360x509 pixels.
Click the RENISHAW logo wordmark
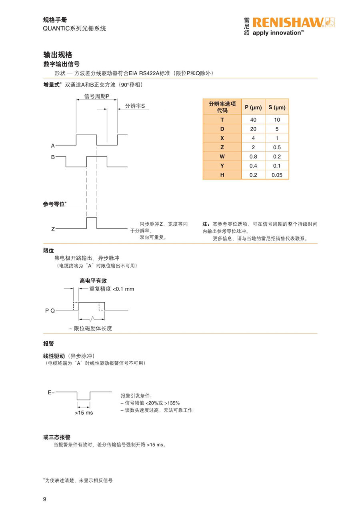click(288, 22)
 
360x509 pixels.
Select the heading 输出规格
click(58, 55)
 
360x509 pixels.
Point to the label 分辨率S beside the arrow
click(135, 106)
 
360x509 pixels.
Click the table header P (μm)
click(253, 107)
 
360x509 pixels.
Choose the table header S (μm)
click(277, 107)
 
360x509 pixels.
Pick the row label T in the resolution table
click(222, 120)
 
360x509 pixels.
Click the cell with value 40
click(253, 120)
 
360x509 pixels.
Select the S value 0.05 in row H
click(277, 175)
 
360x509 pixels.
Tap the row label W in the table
click(222, 156)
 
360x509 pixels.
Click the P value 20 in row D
click(253, 129)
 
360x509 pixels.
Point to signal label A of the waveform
click(53, 146)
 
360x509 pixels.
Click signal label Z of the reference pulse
click(53, 229)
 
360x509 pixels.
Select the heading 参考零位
click(54, 204)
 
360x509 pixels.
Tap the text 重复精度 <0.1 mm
click(112, 289)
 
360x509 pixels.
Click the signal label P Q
click(50, 311)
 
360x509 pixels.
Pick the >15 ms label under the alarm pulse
click(84, 412)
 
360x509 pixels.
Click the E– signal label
click(51, 393)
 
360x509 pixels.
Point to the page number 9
click(45, 499)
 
